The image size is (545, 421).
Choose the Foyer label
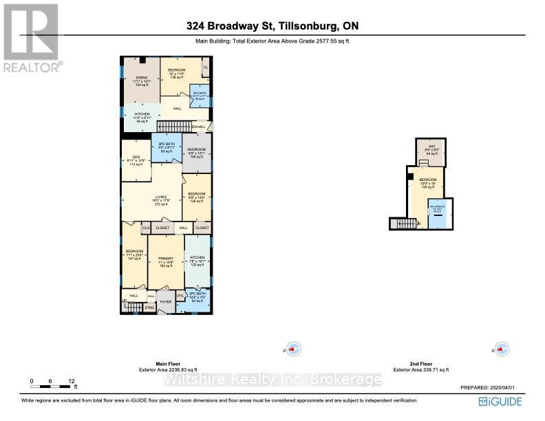(165, 301)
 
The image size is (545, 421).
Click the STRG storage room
(149, 307)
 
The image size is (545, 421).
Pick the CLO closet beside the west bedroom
(146, 227)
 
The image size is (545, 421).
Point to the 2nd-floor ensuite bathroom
(436, 210)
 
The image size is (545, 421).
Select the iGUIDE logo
(502, 401)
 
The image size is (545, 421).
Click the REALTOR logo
(32, 38)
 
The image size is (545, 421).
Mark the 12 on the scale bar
(72, 380)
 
